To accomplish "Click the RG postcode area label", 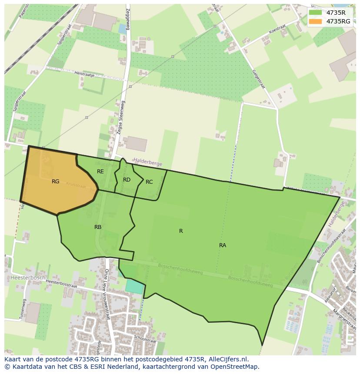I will (55, 182).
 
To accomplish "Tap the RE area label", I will (100, 172).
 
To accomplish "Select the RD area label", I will (127, 180).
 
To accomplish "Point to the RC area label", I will (149, 182).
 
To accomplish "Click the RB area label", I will (98, 227).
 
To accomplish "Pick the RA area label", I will (223, 245).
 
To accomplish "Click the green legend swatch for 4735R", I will (316, 13).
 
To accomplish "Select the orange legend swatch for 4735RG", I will (316, 21).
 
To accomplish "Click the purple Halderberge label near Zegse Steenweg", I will (148, 164).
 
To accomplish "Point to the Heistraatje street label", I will (85, 74).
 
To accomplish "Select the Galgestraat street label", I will (258, 79).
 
